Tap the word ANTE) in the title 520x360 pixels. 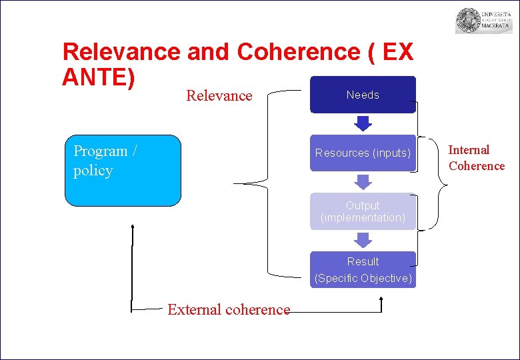(x=99, y=77)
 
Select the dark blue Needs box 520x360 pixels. (x=363, y=95)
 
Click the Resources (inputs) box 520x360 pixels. (x=363, y=153)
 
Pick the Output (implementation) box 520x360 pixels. (x=363, y=211)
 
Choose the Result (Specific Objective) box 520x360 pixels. (x=363, y=269)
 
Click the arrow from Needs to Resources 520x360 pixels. (x=363, y=123)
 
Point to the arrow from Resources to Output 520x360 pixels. (x=363, y=181)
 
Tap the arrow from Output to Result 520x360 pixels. (x=363, y=240)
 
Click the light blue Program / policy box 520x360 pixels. (x=123, y=171)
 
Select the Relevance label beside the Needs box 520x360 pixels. (x=219, y=95)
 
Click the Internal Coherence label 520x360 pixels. (x=476, y=158)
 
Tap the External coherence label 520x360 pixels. (x=229, y=309)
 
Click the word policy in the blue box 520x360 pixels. (x=93, y=171)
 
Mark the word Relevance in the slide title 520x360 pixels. (x=121, y=52)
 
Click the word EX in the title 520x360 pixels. (x=398, y=52)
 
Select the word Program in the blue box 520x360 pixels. (x=100, y=151)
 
